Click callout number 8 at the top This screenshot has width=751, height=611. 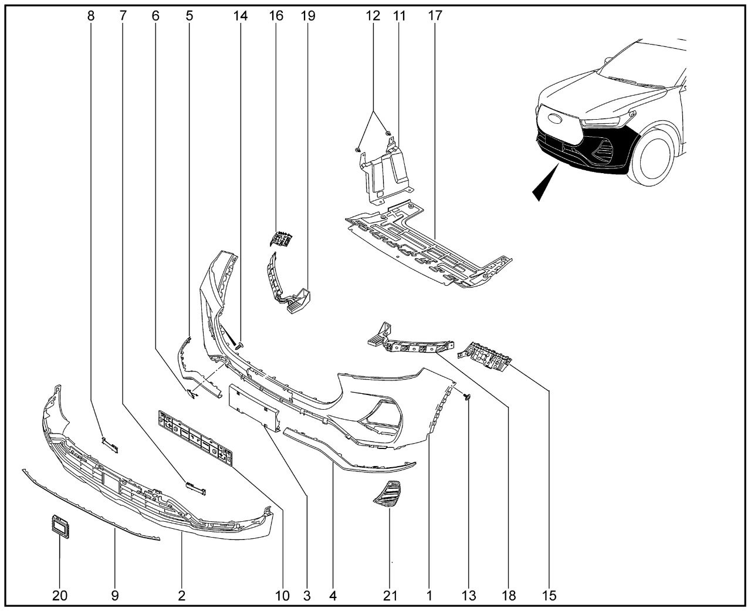[90, 16]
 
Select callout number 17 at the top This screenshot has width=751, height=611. [435, 16]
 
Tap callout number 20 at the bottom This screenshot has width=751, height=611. [60, 596]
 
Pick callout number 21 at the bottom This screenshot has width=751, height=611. [390, 596]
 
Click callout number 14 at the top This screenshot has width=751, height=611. [241, 16]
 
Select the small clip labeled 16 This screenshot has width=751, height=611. [282, 239]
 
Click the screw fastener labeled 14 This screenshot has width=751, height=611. [240, 347]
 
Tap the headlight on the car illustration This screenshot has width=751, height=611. [601, 122]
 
